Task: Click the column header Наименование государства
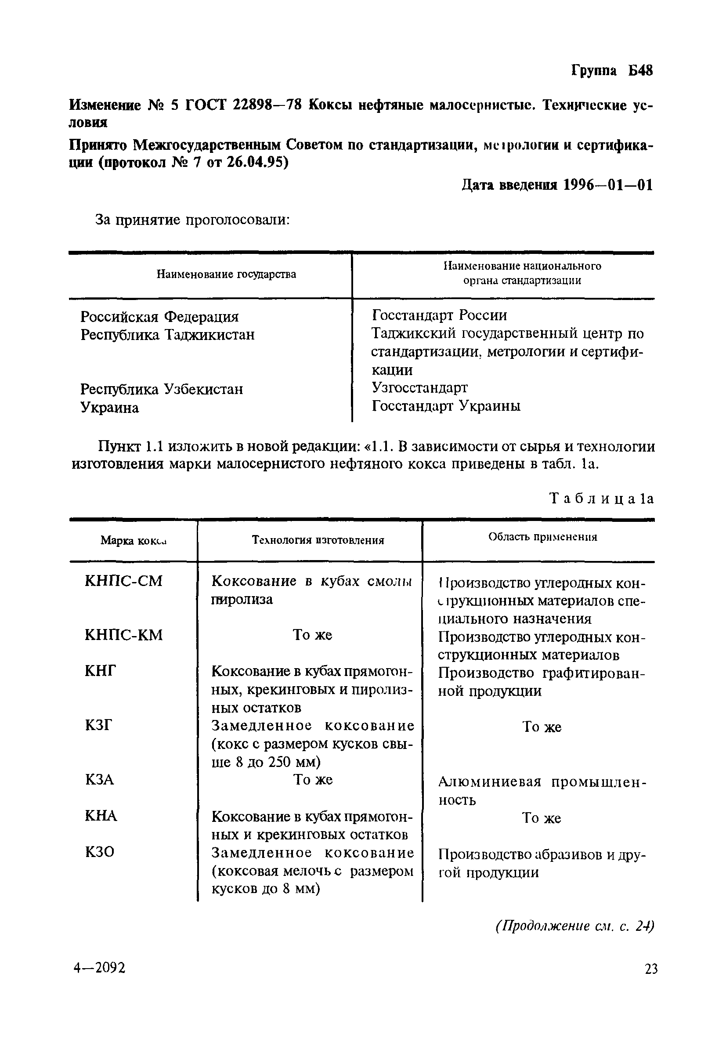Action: click(226, 274)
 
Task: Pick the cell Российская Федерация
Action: click(159, 316)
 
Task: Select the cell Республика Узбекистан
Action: click(161, 389)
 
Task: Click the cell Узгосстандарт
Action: click(419, 387)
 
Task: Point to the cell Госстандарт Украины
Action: click(446, 406)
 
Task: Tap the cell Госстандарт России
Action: click(439, 315)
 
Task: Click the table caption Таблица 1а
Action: click(602, 498)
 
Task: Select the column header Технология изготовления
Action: click(318, 540)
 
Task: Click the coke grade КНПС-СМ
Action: click(123, 581)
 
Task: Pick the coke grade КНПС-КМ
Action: click(123, 635)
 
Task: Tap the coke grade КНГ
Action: click(100, 671)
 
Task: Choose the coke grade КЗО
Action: click(99, 852)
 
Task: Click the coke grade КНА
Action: click(100, 816)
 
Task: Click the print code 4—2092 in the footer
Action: click(99, 968)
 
